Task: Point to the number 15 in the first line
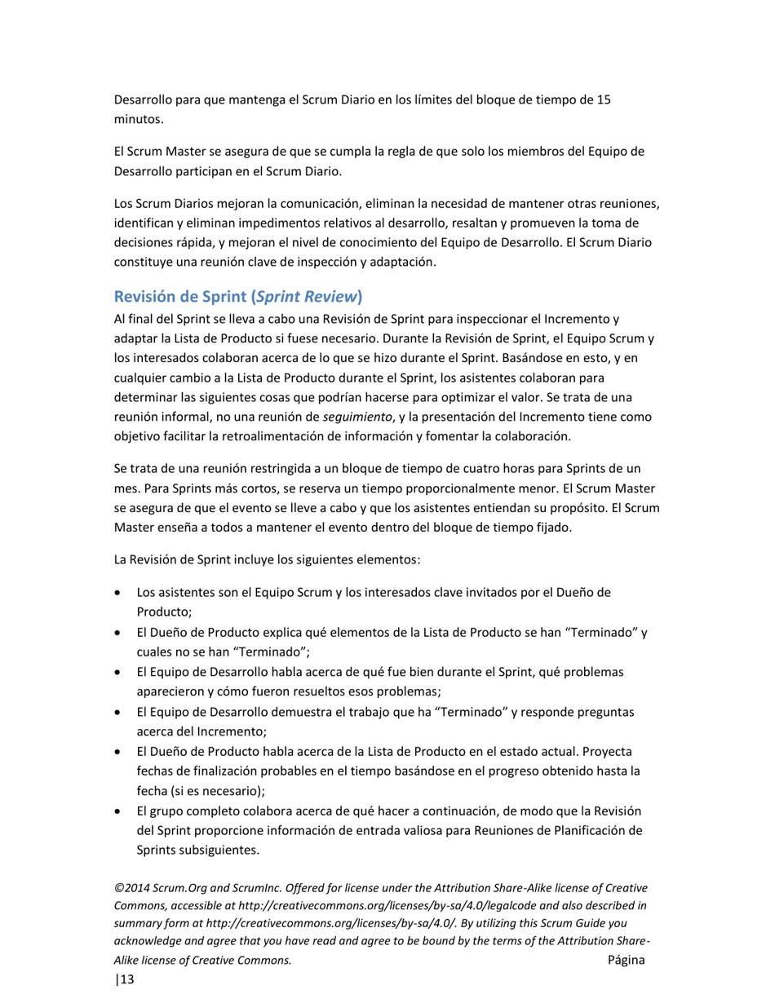[603, 100]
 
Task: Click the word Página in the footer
[626, 960]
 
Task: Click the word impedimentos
[270, 223]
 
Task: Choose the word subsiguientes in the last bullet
[219, 850]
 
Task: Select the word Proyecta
[606, 751]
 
